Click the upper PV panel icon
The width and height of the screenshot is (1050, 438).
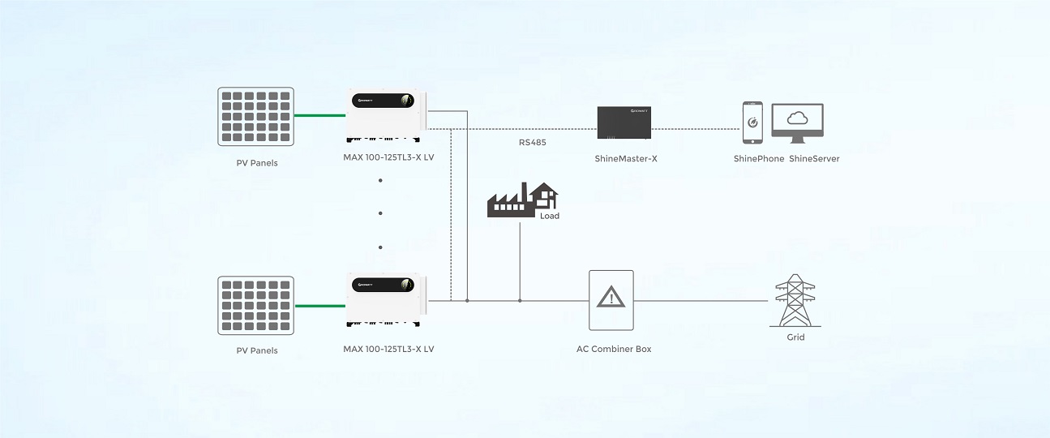point(255,117)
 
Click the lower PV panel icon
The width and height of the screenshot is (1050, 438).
point(255,305)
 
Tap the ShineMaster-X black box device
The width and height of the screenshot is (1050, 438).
point(624,122)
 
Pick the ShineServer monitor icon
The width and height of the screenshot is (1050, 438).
point(797,122)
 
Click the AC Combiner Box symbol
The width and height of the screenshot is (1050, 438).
point(611,300)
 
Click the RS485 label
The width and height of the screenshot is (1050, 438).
point(532,143)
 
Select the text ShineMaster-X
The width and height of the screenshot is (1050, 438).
point(625,159)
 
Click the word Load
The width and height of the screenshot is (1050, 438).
point(550,216)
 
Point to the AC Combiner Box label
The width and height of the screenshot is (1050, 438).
point(613,350)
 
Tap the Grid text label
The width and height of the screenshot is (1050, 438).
point(795,337)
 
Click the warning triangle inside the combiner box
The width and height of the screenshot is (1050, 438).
point(611,298)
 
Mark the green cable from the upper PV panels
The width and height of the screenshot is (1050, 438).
point(320,116)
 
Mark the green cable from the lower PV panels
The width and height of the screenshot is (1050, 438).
point(320,306)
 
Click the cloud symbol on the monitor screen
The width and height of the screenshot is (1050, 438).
point(798,118)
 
